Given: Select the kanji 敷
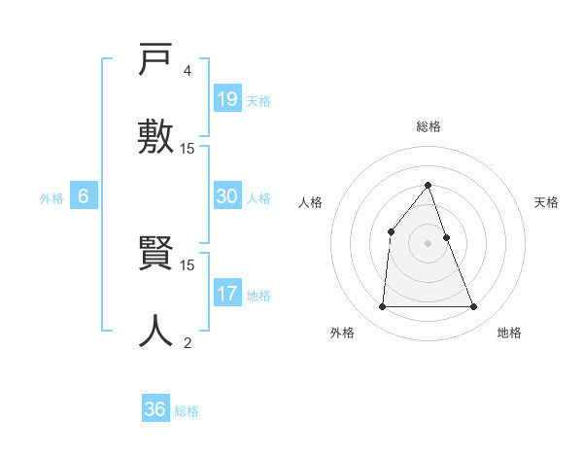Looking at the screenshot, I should [156, 134].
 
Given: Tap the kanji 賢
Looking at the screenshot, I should [156, 256].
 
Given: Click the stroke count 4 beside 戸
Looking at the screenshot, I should [187, 71].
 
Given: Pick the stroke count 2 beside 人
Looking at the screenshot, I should [187, 341].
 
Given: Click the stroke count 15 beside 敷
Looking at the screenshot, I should [188, 148].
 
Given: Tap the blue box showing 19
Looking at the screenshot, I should [227, 98].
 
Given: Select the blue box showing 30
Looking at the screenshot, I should [227, 196].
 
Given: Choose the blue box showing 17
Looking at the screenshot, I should [227, 294].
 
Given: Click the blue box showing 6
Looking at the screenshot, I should [84, 196].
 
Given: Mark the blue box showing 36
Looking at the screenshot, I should [155, 409].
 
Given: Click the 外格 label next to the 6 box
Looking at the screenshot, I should [51, 198].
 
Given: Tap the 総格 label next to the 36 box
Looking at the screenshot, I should [187, 411].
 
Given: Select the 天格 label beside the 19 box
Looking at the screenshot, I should [258, 101].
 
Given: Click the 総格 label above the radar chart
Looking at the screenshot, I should [428, 126].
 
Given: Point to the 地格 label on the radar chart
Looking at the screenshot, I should [509, 333].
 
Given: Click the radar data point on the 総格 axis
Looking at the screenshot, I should [428, 185].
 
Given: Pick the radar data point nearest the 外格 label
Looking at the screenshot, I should [382, 306].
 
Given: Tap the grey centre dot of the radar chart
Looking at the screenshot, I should [428, 243].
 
